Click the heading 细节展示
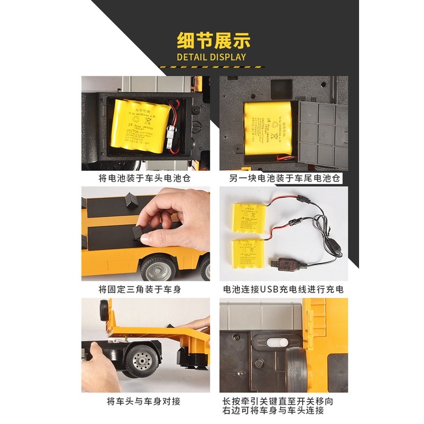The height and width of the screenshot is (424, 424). point(214,41)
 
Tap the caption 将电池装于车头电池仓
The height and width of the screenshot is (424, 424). point(144,178)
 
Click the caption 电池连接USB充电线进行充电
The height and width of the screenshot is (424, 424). point(283,289)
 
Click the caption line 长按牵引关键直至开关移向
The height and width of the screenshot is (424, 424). point(283,400)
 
